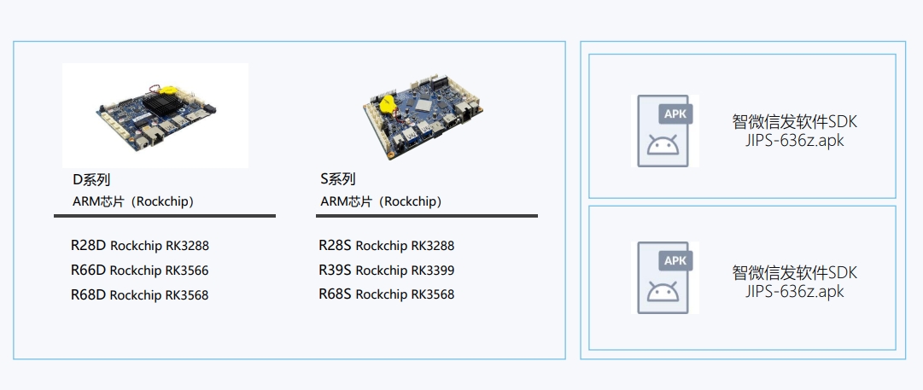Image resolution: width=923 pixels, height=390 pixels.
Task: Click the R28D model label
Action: tap(88, 246)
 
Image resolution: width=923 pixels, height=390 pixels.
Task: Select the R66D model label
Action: tap(88, 271)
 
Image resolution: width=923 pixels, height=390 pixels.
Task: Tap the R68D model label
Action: tap(88, 295)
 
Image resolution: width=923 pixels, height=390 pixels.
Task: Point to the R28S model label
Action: tap(336, 246)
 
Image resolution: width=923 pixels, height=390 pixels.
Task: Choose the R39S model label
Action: tap(336, 271)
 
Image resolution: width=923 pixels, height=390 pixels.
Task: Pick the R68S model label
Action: tap(336, 294)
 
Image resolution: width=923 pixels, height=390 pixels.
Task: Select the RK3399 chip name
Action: tap(433, 271)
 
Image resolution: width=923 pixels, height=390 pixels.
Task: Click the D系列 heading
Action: tap(91, 180)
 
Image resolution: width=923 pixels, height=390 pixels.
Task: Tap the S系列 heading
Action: tap(338, 179)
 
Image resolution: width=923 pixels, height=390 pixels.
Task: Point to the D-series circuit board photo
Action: tap(155, 115)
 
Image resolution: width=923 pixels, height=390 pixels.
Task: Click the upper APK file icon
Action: tap(664, 131)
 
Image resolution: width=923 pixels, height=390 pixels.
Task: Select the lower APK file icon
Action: tap(664, 276)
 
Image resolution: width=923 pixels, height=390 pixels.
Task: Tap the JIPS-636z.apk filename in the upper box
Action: tap(794, 142)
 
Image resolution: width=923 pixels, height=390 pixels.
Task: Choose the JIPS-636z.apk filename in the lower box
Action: tap(794, 292)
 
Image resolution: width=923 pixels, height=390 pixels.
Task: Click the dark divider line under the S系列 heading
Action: tap(427, 216)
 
